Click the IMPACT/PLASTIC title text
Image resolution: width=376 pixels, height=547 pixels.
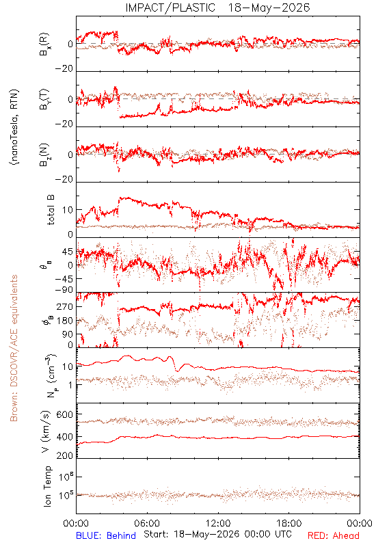170,8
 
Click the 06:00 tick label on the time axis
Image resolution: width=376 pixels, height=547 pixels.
147,523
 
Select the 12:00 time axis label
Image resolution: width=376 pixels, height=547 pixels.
218,523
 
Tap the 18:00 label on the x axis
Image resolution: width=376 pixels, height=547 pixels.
289,523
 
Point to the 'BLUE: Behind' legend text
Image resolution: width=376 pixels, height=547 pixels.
106,535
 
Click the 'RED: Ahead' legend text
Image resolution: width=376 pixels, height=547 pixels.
333,535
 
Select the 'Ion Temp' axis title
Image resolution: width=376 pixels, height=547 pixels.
48,486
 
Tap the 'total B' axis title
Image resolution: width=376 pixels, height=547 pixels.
51,210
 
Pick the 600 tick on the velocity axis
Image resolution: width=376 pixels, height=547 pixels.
64,414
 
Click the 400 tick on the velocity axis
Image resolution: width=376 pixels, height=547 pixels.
64,437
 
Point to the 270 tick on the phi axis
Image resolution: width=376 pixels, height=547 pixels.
65,306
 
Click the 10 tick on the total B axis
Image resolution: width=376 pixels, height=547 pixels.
68,210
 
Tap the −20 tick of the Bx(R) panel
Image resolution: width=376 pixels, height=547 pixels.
64,69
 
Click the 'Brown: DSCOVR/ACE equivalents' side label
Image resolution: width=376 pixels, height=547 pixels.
14,348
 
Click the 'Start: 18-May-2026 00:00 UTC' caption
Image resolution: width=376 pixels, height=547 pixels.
217,534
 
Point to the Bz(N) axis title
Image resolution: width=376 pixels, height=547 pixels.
44,155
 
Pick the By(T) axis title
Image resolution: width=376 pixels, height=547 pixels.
44,99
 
